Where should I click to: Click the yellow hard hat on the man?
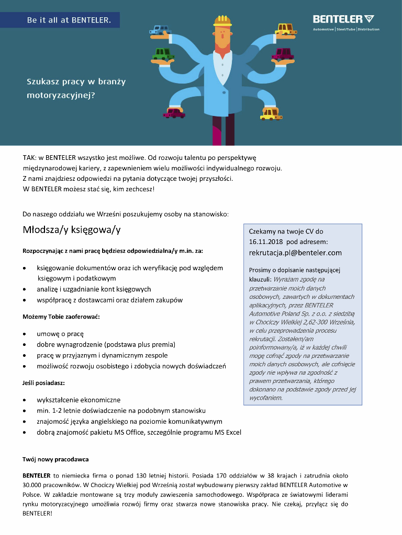[222, 21]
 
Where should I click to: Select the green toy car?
[163, 54]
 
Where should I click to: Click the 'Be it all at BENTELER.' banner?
[69, 20]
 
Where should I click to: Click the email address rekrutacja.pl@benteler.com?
[295, 253]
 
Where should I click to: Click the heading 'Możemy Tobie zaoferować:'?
[61, 317]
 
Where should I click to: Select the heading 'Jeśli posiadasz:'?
[43, 383]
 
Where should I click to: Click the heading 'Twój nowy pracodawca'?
[55, 459]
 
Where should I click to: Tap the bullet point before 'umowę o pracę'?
[25, 334]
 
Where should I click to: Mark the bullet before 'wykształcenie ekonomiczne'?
[25, 400]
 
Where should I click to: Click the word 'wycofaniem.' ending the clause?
[266, 398]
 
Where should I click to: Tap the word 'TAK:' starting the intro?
[29, 157]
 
